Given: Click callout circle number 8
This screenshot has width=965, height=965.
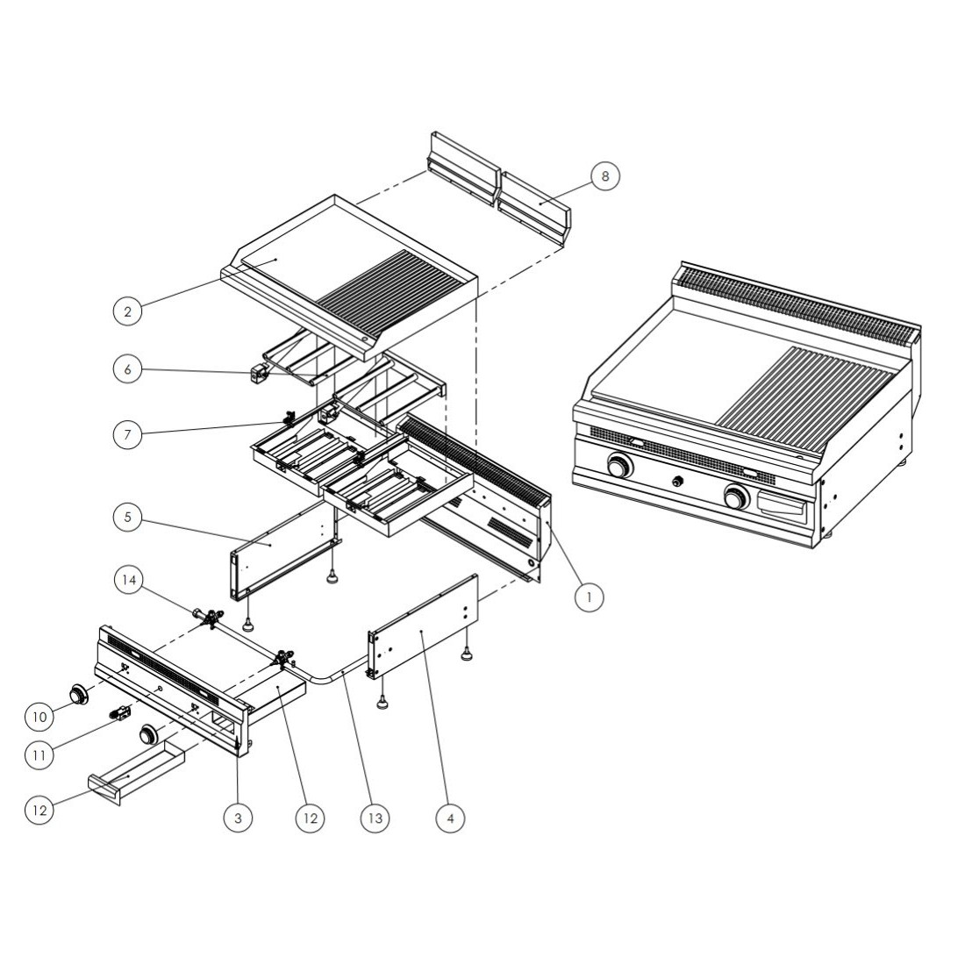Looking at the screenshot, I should pos(604,176).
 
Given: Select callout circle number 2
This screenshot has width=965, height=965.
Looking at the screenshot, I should pos(128,311).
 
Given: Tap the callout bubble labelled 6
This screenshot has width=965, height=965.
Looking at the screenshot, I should pos(128,370).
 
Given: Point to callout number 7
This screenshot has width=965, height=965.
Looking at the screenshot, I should pos(128,434).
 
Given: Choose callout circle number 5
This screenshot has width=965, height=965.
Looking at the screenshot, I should pos(128,518).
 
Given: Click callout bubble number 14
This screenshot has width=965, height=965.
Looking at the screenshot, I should pos(128,580).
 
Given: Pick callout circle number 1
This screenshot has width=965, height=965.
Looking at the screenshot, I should pos(590,597).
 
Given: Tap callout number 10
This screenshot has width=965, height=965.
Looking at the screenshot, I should pos(39,717).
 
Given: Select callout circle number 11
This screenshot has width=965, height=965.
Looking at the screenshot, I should pos(39,754).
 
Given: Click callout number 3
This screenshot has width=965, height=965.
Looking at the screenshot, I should pos(238,818).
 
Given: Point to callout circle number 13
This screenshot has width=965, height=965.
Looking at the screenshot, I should pos(375,818).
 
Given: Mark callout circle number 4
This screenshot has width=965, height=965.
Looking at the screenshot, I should pos(450,818).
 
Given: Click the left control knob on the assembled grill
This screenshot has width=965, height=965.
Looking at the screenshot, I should pos(619,467).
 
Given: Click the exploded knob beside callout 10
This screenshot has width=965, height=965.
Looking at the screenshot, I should pos(82,694).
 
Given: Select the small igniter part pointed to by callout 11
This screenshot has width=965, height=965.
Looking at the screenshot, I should pos(120,713).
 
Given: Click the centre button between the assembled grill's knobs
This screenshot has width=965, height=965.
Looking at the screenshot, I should pos(677,481).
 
